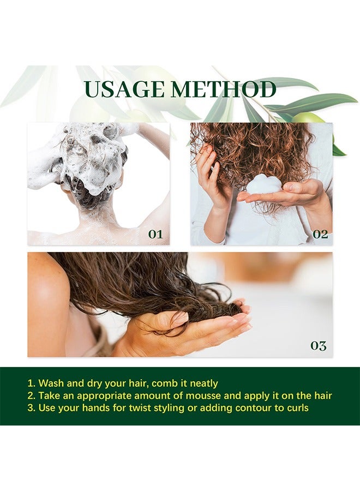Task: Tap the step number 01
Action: coord(155,234)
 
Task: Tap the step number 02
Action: coord(320,234)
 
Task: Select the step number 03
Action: coord(318,345)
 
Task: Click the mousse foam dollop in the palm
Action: coord(264,184)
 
